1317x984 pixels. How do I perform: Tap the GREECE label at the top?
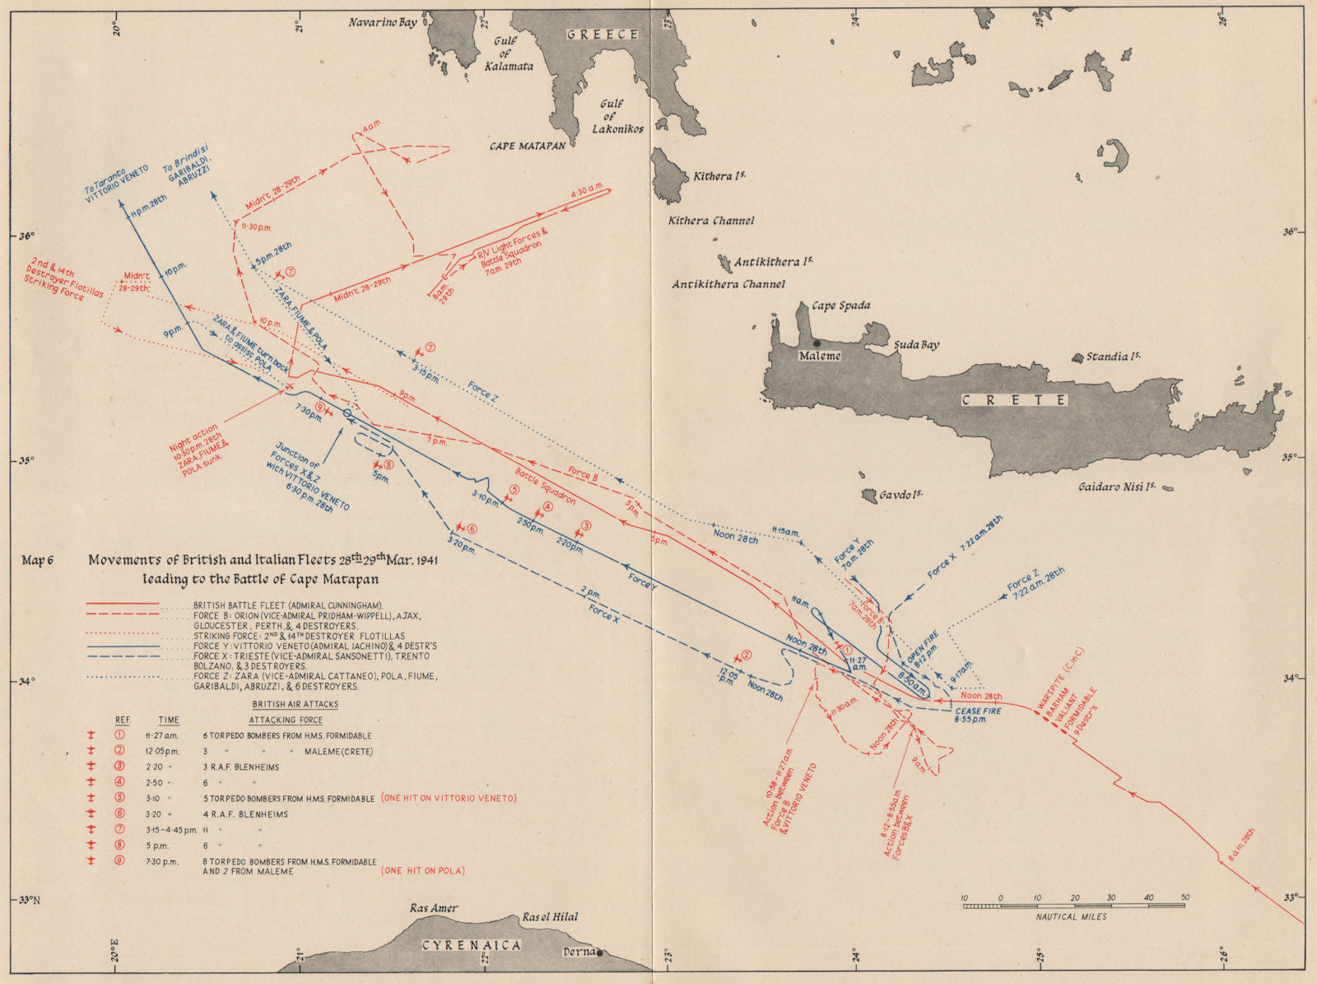click(x=603, y=35)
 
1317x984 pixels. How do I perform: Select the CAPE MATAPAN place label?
click(x=528, y=146)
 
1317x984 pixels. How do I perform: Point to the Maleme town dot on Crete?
click(x=816, y=343)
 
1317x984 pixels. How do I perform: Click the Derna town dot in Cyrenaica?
click(x=599, y=953)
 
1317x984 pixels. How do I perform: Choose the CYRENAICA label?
click(x=472, y=945)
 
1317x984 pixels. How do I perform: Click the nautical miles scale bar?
click(x=1073, y=906)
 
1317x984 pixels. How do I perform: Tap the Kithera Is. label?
click(x=719, y=176)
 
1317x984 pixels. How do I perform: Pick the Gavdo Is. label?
click(x=900, y=495)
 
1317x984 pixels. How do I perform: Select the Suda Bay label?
click(x=917, y=345)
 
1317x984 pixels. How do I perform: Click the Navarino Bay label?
click(x=383, y=22)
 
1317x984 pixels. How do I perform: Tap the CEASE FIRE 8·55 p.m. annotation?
click(x=978, y=715)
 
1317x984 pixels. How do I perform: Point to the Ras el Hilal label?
click(x=550, y=916)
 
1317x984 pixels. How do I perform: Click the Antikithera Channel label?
click(x=728, y=284)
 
